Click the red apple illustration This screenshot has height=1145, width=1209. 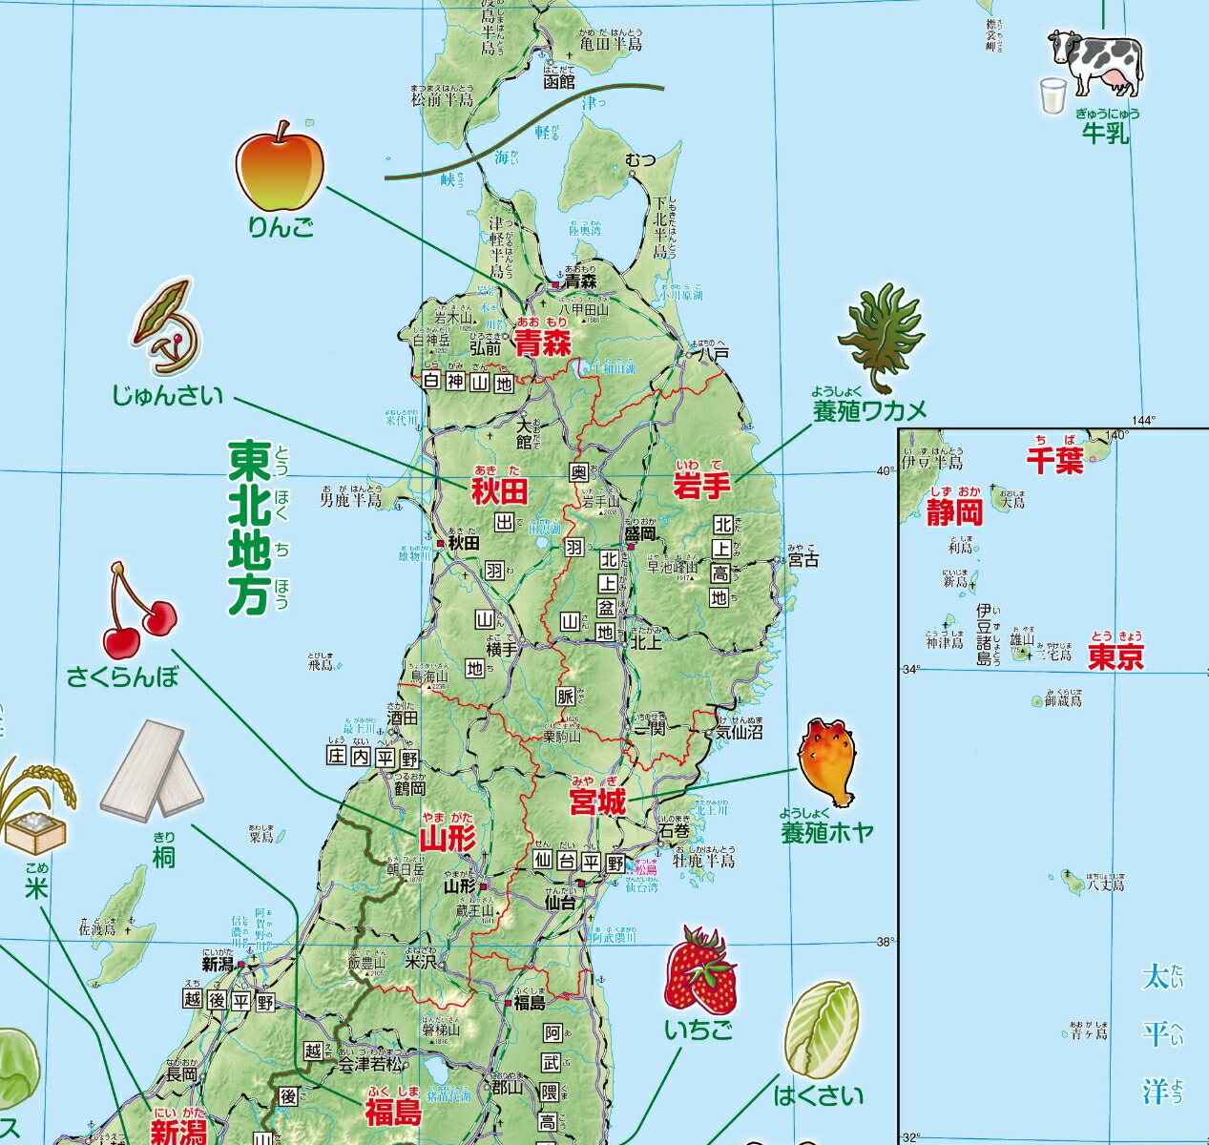click(280, 168)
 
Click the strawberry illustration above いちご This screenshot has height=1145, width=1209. click(701, 970)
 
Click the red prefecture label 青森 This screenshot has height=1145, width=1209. click(543, 344)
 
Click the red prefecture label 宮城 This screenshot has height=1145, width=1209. click(597, 802)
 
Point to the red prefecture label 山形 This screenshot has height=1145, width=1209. click(448, 840)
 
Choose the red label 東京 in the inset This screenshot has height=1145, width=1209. click(1115, 657)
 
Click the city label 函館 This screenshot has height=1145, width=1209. click(559, 82)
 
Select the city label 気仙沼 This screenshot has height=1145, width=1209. click(740, 732)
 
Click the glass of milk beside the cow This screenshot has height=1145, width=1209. click(1053, 96)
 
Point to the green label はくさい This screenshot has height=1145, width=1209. click(819, 1095)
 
